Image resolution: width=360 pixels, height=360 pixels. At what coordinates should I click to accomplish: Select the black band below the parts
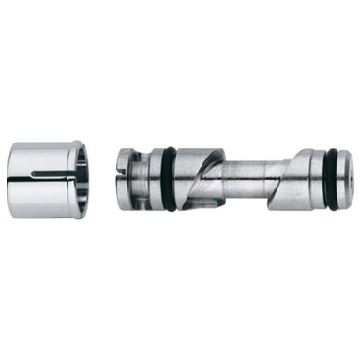[180, 291]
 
